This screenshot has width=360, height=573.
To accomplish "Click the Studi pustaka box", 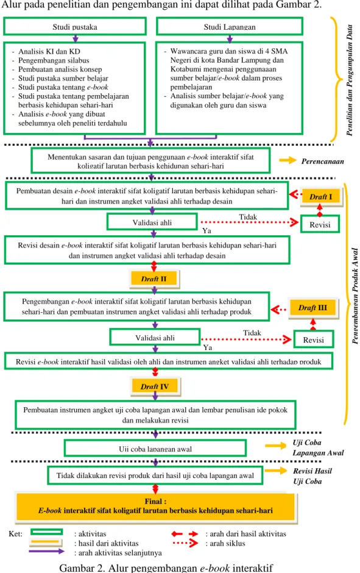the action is pyautogui.click(x=75, y=26).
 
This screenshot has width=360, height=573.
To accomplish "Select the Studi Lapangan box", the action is pyautogui.click(x=230, y=26).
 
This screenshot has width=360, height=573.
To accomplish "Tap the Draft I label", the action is pyautogui.click(x=321, y=197).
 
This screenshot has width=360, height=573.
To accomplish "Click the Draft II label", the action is pyautogui.click(x=154, y=279).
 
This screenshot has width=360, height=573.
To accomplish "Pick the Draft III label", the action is pyautogui.click(x=313, y=308).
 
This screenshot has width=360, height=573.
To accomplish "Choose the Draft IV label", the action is pyautogui.click(x=155, y=386).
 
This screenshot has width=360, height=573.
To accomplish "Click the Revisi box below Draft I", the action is pyautogui.click(x=320, y=224).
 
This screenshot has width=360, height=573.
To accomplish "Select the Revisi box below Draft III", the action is pyautogui.click(x=313, y=340).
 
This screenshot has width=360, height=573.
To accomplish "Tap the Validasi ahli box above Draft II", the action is pyautogui.click(x=152, y=222).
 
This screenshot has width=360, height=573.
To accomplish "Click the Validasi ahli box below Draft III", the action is pyautogui.click(x=155, y=337).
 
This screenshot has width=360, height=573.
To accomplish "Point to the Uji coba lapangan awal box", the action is pyautogui.click(x=155, y=449).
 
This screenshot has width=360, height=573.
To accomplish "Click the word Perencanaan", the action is pyautogui.click(x=322, y=161).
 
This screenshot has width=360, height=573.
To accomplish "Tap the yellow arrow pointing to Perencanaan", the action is pyautogui.click(x=288, y=160).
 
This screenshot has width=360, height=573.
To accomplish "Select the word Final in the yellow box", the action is pyautogui.click(x=155, y=501).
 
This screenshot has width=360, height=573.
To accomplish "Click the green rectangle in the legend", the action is pyautogui.click(x=46, y=532).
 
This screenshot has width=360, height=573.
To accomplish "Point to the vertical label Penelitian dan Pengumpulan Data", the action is pyautogui.click(x=350, y=80).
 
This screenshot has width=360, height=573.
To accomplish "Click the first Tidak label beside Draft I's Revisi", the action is pyautogui.click(x=248, y=217).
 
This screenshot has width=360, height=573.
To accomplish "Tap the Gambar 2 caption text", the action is pyautogui.click(x=166, y=568).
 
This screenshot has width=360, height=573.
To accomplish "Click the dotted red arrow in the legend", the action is pyautogui.click(x=185, y=543).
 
